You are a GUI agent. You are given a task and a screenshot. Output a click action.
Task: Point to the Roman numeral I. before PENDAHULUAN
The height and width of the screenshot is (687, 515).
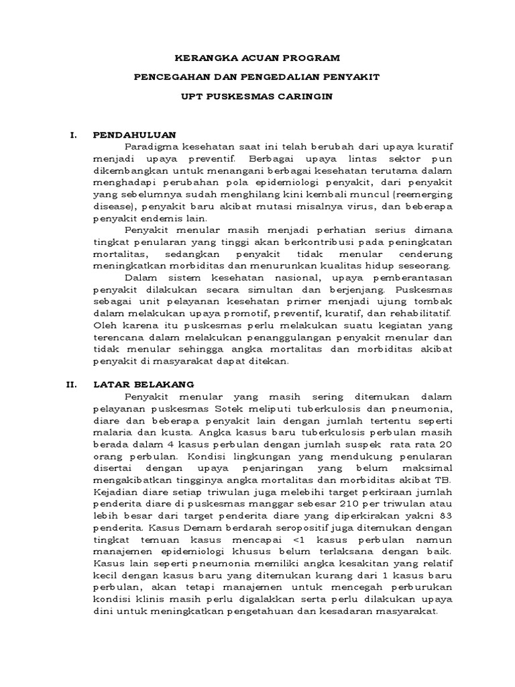[x=74, y=135]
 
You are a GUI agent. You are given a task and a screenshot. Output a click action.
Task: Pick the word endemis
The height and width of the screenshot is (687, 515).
[x=154, y=218]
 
